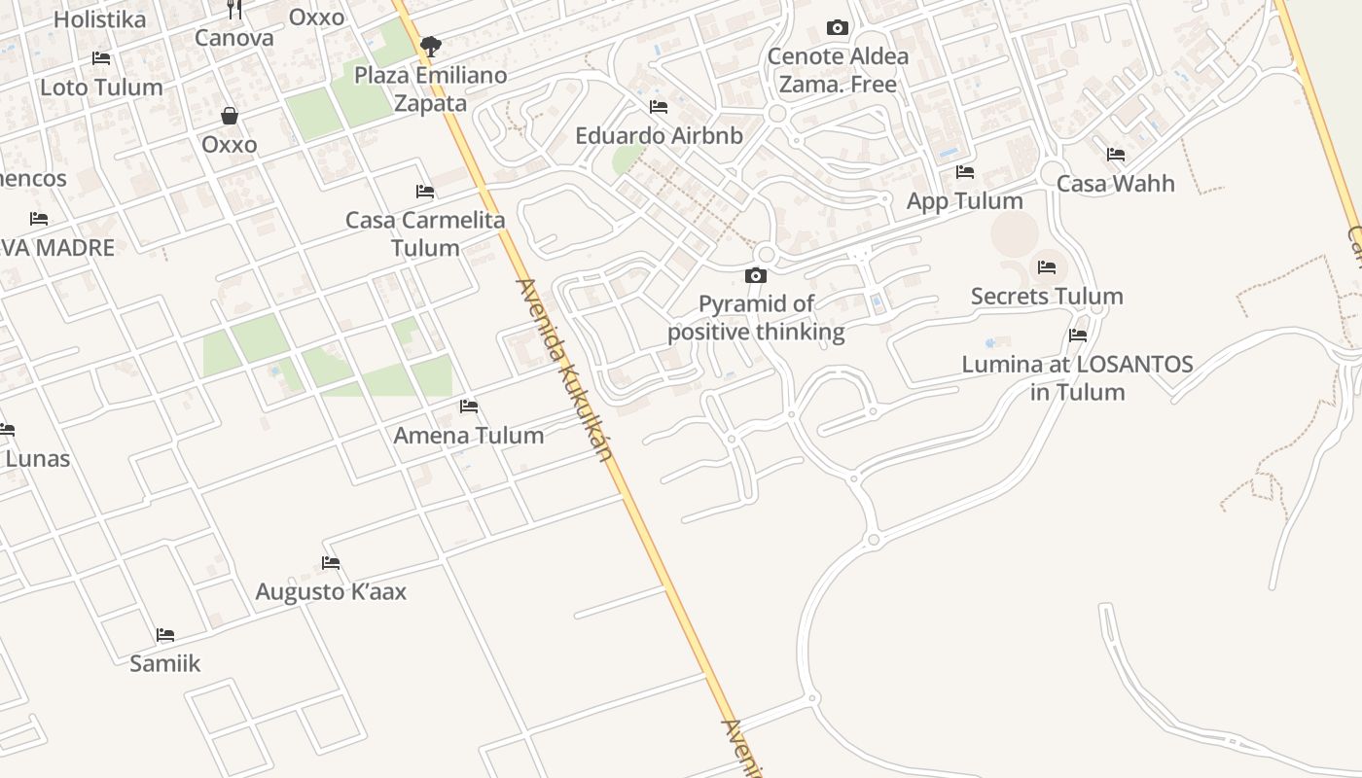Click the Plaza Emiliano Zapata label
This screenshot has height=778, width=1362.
[x=430, y=88]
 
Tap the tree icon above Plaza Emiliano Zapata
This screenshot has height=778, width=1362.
[x=430, y=46]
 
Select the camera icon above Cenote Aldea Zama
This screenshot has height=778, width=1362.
[x=837, y=27]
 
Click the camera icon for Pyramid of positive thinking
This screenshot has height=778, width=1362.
[x=756, y=276]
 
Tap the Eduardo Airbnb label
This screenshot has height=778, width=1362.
[x=659, y=135]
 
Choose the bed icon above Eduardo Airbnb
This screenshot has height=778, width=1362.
[x=659, y=106]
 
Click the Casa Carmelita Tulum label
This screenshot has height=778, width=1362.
[x=425, y=233]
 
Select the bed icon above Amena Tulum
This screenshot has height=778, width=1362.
[x=469, y=406]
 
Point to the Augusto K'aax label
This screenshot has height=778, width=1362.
[x=331, y=591]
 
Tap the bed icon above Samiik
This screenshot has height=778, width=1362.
[x=165, y=635]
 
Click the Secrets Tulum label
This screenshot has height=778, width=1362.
[x=1047, y=296]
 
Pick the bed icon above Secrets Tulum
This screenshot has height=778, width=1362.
[x=1047, y=266]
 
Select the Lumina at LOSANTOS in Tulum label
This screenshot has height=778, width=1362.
[x=1077, y=378]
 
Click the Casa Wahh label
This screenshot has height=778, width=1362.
[x=1116, y=183]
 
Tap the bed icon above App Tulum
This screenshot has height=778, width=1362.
[x=965, y=172]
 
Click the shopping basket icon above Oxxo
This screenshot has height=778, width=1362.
[x=230, y=116]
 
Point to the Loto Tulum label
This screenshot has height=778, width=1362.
[x=101, y=87]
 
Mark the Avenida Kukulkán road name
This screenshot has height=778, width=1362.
[x=565, y=370]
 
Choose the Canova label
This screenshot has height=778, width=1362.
[x=233, y=38]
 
